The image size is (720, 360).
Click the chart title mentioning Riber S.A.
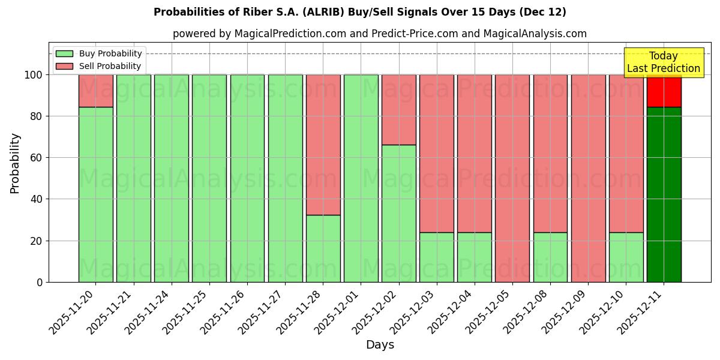[360, 12]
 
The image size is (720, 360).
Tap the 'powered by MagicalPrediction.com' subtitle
[379, 34]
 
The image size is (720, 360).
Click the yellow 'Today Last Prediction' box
[663, 62]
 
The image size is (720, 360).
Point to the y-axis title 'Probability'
[15, 163]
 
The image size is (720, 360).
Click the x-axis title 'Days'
[380, 344]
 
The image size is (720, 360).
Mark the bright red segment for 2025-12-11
[664, 91]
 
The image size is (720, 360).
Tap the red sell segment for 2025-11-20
[96, 91]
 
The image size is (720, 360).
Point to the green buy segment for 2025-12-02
[398, 213]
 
